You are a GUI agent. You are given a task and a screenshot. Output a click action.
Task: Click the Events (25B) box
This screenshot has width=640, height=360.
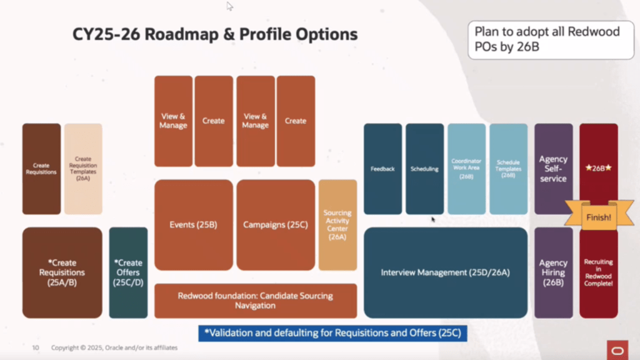tap(193, 224)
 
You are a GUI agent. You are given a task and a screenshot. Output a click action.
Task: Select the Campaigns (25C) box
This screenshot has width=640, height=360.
tap(276, 224)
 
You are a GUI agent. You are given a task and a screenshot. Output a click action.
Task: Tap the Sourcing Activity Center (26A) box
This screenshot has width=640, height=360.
tap(337, 225)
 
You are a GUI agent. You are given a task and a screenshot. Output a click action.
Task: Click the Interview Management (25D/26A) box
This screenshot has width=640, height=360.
tap(446, 272)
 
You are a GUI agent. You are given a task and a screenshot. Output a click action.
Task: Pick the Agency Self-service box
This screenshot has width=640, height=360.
tap(553, 169)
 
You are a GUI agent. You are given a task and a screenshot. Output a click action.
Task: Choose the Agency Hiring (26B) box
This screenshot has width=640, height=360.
tap(553, 272)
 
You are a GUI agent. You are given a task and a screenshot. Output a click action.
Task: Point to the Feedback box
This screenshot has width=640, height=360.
tap(382, 169)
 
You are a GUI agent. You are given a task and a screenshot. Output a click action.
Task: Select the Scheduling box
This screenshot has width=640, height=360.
tap(424, 169)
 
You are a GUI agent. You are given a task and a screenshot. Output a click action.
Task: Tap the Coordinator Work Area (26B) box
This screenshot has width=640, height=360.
tap(466, 169)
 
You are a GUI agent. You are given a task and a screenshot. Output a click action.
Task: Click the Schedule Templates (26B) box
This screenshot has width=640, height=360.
tap(508, 169)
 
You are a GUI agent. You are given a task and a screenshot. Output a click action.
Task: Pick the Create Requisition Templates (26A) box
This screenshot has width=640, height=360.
tap(83, 169)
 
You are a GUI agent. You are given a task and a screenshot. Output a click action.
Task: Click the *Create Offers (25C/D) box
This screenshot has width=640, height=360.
tap(128, 272)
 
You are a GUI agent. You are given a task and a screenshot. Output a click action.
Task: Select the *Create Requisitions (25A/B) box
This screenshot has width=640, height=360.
tap(62, 272)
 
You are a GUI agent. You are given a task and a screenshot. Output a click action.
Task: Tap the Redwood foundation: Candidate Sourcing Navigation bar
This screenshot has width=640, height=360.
tap(255, 301)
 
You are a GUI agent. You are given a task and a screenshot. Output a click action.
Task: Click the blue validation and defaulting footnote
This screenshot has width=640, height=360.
tap(332, 333)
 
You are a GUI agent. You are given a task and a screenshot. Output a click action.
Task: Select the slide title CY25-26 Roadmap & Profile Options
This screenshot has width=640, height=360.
tap(215, 34)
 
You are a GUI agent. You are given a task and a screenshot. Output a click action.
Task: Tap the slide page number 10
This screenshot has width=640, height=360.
tap(36, 347)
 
